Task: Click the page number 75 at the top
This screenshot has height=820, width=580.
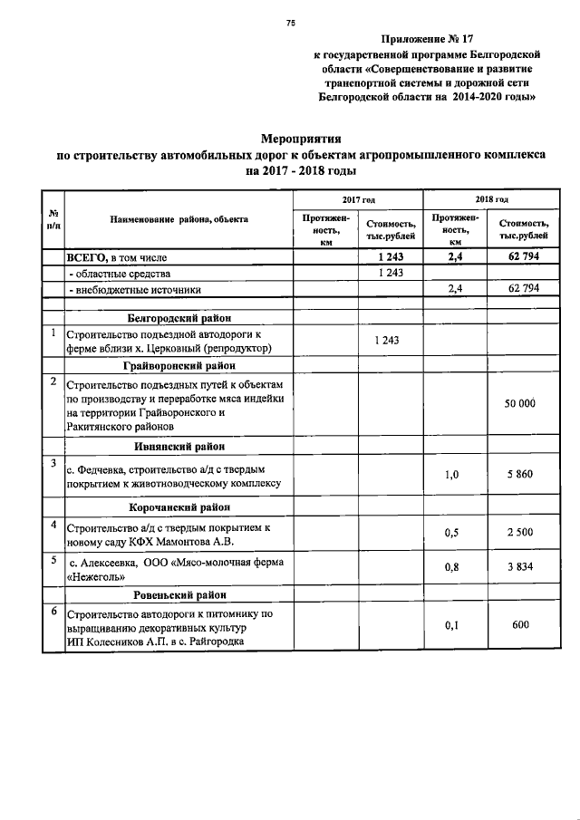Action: tap(291, 24)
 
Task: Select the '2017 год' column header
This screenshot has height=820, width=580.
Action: tap(358, 198)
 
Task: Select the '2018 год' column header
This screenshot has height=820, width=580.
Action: tap(490, 198)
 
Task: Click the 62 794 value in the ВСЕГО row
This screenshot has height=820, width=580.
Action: tap(519, 258)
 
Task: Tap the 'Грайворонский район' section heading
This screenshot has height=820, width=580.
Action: tap(179, 366)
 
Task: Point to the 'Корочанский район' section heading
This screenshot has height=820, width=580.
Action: tap(179, 507)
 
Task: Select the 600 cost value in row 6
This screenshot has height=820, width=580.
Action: tap(519, 625)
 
